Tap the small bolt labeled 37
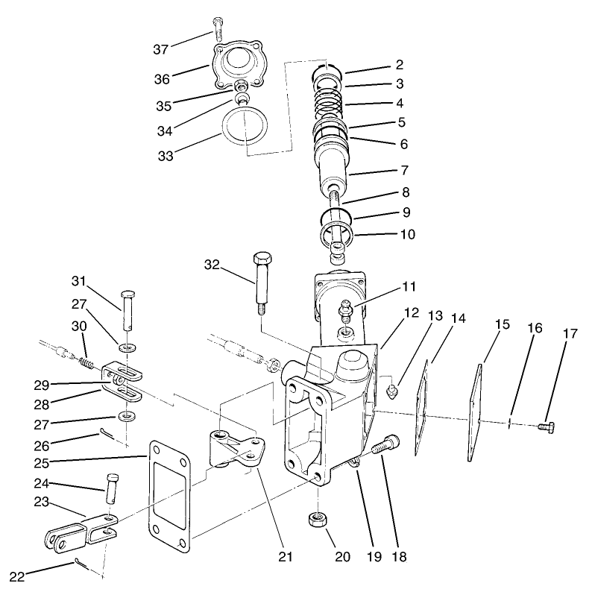tap(218, 29)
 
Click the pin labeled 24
tap(112, 489)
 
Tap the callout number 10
tap(406, 233)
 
